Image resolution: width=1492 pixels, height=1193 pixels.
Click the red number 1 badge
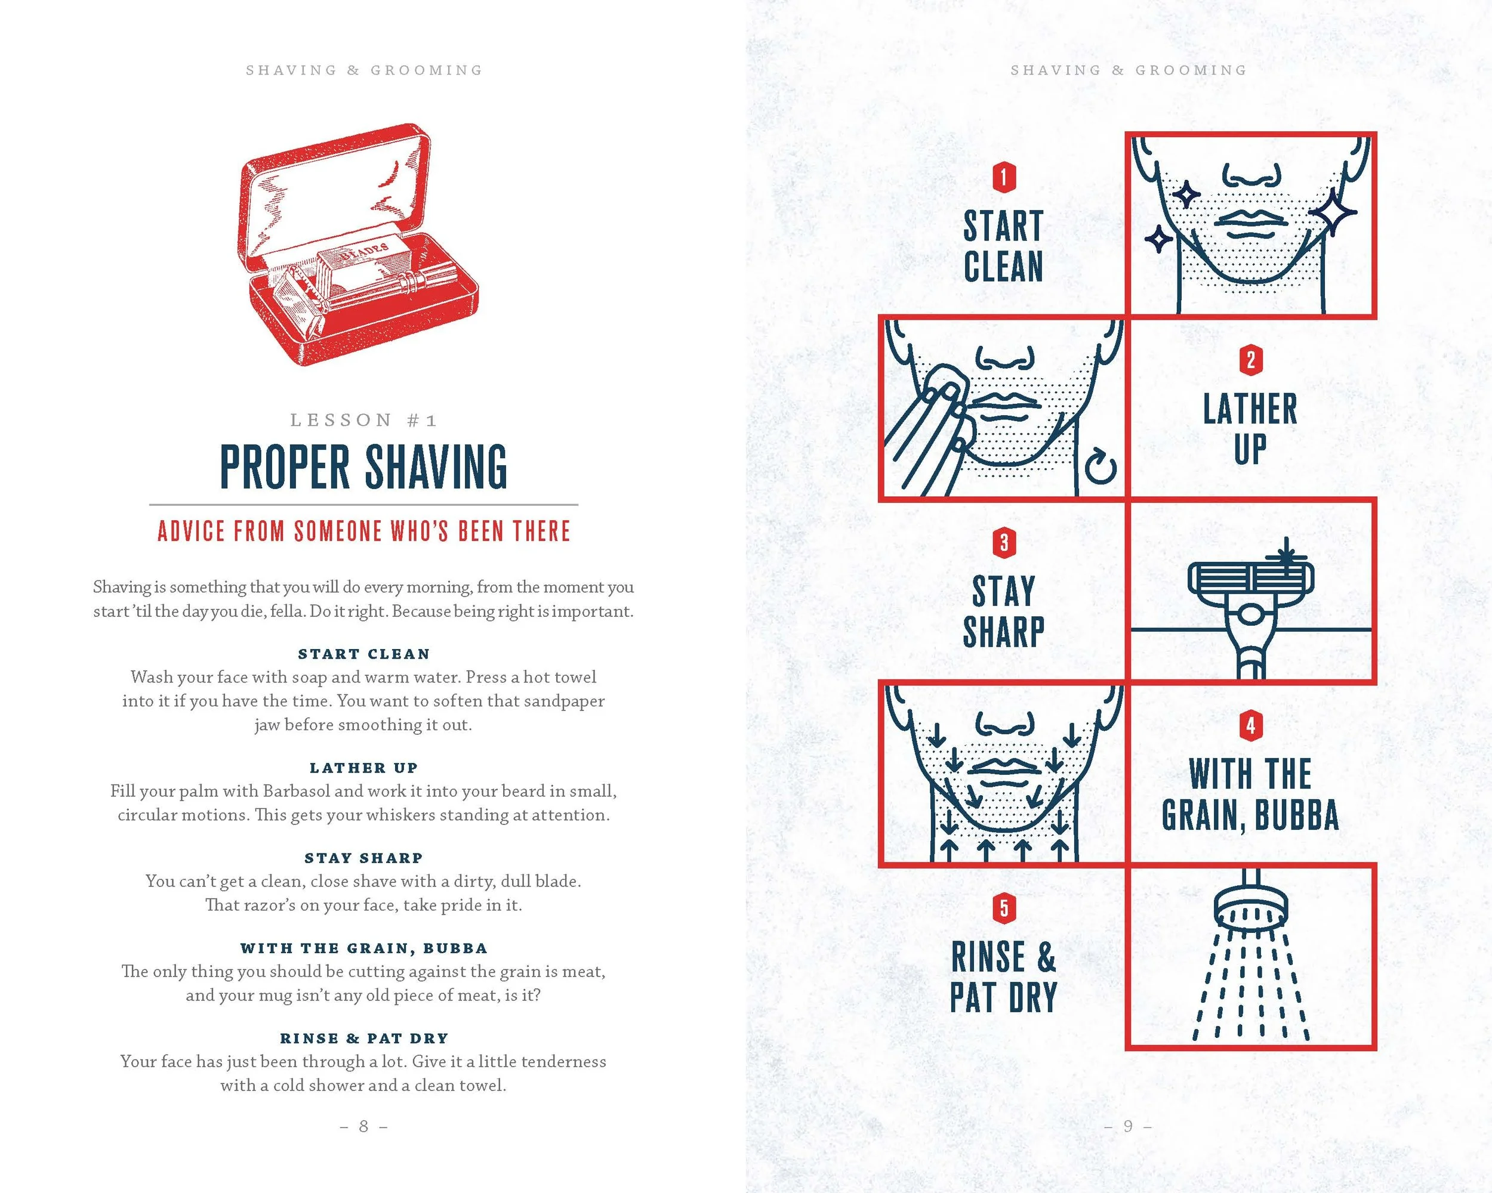tap(1003, 177)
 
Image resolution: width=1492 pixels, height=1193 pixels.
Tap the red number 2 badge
tap(1250, 360)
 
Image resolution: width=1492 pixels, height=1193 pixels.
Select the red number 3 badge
tap(1003, 543)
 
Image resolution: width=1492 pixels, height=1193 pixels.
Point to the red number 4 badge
tap(1250, 726)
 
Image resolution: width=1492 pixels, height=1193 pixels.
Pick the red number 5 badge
tap(1003, 908)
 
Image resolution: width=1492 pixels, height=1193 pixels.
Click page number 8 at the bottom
tap(364, 1127)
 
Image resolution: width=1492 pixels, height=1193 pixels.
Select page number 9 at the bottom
tap(1128, 1127)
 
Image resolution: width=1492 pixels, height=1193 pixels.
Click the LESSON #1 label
tap(364, 420)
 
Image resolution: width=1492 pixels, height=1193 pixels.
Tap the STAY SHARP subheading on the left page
tap(364, 858)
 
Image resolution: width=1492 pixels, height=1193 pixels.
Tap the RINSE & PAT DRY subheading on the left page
tap(364, 1038)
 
